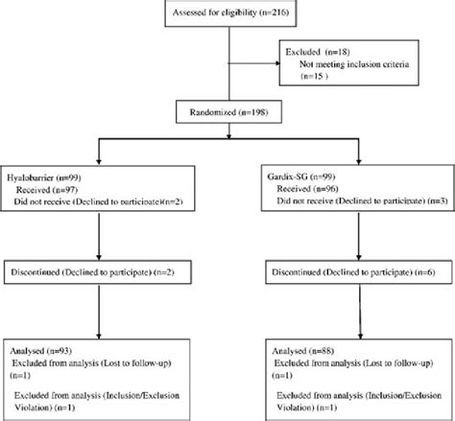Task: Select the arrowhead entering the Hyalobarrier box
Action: [x=100, y=164]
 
